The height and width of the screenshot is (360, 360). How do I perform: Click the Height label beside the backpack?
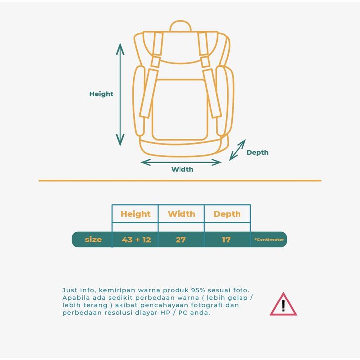pos(101,94)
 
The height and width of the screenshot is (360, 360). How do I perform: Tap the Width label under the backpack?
pos(182,169)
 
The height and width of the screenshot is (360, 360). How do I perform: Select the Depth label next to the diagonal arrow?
pos(257,152)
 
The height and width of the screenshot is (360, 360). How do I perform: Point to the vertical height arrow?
pos(120,94)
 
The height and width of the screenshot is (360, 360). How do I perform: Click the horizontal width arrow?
pos(181,162)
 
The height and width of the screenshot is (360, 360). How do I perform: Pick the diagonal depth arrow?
pos(237,150)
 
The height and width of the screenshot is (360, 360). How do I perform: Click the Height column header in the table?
pos(135,214)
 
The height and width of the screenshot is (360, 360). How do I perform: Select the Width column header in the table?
pos(181,214)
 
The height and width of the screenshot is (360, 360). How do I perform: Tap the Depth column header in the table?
pos(227,214)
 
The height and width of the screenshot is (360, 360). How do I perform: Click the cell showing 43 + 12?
pos(136,240)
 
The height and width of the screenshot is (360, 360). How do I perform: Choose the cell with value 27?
pos(180,240)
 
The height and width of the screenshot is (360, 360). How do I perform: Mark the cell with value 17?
pos(226,240)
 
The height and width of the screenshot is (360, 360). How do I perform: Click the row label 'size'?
pos(93,240)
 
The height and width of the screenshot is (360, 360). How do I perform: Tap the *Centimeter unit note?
pos(269,240)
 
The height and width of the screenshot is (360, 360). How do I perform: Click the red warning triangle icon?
pos(283,305)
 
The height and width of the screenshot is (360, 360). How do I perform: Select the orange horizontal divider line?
pos(180,180)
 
